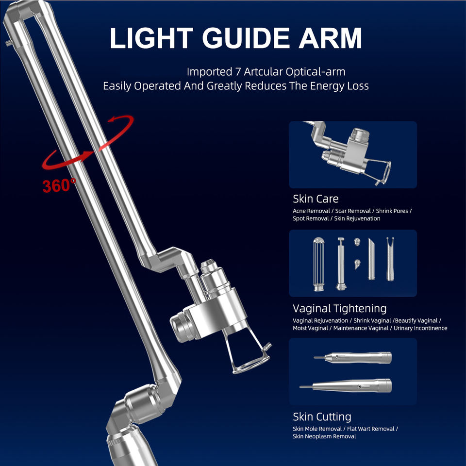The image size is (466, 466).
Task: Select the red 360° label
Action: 59,185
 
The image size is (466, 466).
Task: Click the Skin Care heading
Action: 316,199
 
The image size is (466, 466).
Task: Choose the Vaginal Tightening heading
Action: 339,308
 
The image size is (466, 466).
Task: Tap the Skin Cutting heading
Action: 322,416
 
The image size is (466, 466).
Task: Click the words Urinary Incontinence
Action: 420,328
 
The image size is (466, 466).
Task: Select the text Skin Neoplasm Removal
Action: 324,436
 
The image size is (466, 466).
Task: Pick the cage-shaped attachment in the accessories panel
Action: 318,264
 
